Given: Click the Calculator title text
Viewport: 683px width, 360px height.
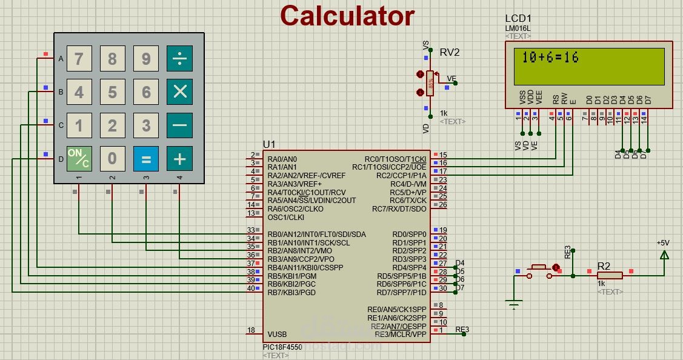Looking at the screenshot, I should click(x=347, y=16).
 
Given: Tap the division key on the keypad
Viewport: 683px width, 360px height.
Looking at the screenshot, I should click(x=179, y=59).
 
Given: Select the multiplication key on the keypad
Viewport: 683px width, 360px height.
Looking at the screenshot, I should click(x=179, y=92).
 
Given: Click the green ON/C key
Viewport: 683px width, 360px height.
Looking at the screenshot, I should click(x=79, y=159).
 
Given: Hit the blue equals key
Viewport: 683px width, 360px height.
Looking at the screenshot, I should click(x=146, y=159).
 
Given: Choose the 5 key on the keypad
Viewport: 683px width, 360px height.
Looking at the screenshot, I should click(x=113, y=92).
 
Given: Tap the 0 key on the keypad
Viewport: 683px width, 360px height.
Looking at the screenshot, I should click(x=113, y=159).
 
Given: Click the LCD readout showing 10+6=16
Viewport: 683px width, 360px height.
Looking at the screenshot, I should click(x=550, y=58).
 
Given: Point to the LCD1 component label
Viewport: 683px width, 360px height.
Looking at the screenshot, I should click(x=518, y=19).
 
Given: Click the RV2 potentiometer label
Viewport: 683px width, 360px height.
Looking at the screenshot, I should click(x=450, y=52).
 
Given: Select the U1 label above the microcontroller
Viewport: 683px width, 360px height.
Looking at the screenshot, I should click(x=269, y=144).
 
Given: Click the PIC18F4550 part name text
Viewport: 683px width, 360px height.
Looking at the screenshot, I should click(x=282, y=347).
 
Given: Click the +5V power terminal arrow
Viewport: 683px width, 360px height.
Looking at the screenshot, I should click(x=664, y=255).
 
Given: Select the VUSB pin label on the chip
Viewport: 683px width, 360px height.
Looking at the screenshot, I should click(x=277, y=334).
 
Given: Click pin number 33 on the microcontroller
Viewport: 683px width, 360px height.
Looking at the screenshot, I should click(x=251, y=230).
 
